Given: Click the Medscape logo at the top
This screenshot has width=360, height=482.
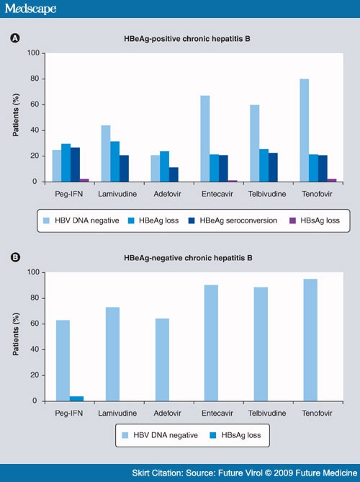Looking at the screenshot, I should point(30,9).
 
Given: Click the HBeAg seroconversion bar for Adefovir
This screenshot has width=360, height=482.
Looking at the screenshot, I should point(174,174).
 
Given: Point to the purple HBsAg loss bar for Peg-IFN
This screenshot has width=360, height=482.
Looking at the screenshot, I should point(85,180).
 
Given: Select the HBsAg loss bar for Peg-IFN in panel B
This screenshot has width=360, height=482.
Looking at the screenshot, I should point(76,398).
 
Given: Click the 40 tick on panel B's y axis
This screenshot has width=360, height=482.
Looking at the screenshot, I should point(32,349).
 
